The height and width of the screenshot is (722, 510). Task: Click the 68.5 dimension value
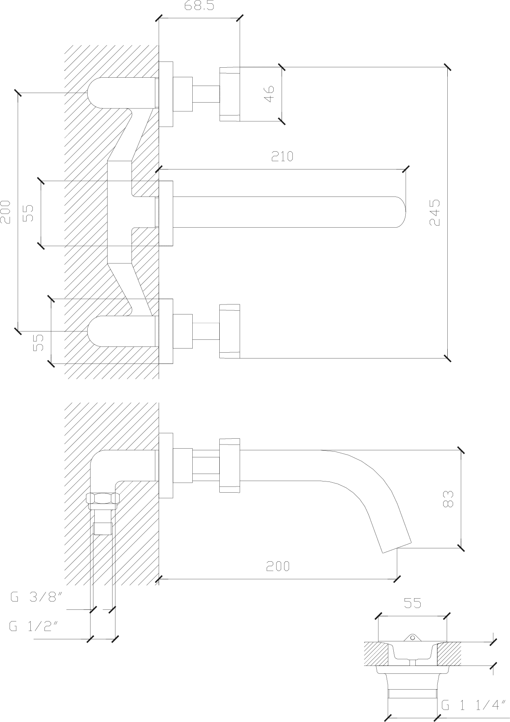199,5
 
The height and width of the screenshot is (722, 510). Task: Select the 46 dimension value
270,94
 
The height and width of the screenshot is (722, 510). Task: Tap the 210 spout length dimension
282,156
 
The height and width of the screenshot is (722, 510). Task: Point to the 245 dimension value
434,212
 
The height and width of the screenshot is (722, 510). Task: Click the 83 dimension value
448,499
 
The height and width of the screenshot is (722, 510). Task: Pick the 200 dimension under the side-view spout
278,565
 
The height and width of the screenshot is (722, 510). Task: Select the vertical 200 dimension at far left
5,212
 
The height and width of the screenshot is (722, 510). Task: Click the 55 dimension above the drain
412,603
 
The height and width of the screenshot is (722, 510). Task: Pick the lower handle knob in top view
230,331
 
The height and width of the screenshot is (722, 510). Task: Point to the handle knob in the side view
230,465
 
